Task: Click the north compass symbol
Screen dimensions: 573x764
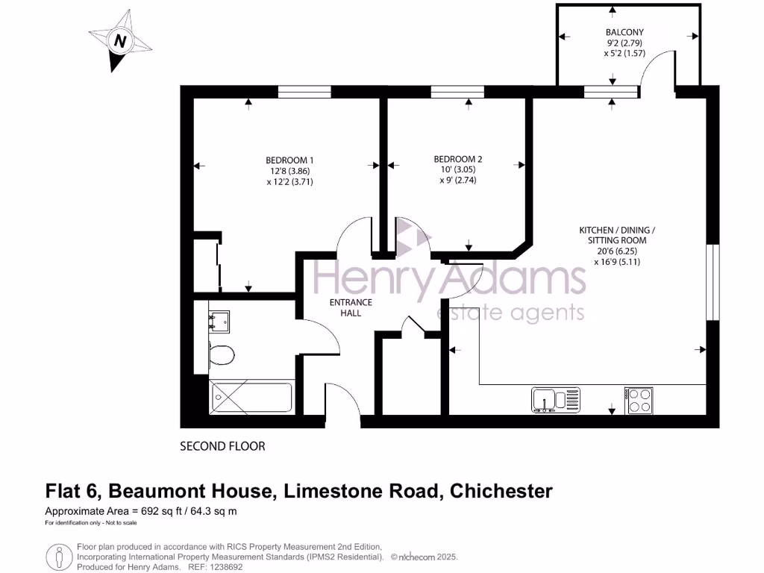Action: click(x=119, y=42)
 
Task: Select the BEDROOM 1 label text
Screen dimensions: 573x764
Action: click(x=289, y=160)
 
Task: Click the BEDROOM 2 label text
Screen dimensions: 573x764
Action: click(x=458, y=159)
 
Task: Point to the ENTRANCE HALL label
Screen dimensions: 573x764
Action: click(x=351, y=307)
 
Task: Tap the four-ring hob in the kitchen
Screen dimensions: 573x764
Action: click(x=638, y=400)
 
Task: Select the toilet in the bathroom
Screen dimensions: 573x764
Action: click(x=221, y=354)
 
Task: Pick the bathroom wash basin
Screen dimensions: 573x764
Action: click(x=219, y=321)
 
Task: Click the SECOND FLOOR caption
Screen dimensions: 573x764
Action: click(x=222, y=446)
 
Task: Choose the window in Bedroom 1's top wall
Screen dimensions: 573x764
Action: click(x=304, y=92)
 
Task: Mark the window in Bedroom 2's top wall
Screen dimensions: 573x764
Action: click(x=457, y=92)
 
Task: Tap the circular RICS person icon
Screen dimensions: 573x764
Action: click(x=58, y=557)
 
